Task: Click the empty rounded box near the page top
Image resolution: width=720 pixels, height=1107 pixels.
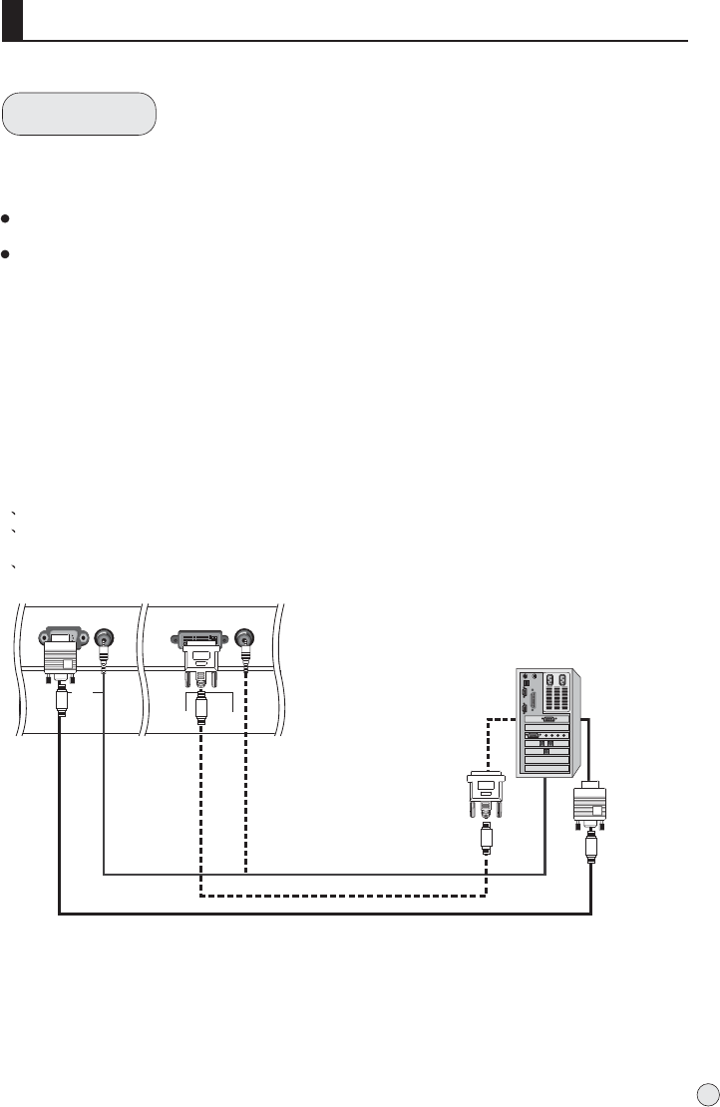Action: [x=80, y=114]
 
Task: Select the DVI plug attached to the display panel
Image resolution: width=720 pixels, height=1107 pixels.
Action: [x=201, y=653]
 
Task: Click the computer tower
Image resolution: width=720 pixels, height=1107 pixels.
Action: [x=544, y=721]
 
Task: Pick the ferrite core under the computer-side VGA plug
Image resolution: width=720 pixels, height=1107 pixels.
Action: [x=592, y=851]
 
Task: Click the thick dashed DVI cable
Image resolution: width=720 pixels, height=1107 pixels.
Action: [x=339, y=895]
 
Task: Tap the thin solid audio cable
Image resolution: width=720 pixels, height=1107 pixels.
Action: [x=319, y=875]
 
